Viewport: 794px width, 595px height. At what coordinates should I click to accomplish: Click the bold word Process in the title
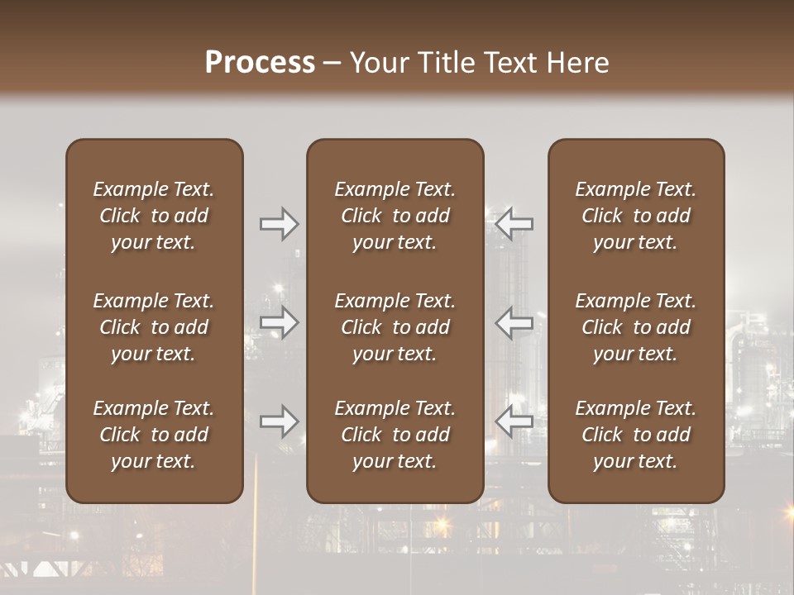[x=260, y=63]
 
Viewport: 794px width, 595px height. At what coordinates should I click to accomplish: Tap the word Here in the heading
[x=578, y=63]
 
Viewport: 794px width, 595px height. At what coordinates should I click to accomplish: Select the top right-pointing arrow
[x=279, y=224]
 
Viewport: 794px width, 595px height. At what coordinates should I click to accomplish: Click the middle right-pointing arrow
[x=279, y=322]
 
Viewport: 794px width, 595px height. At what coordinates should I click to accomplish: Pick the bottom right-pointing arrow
[x=279, y=421]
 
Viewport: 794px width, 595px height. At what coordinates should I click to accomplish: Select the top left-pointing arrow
[x=514, y=224]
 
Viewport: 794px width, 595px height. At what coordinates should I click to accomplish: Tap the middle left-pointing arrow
[x=514, y=322]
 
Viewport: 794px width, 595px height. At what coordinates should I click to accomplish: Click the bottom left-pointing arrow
[x=514, y=421]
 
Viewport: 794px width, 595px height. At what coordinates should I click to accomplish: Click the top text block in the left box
[x=154, y=216]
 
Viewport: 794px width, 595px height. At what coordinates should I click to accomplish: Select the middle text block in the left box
[x=154, y=327]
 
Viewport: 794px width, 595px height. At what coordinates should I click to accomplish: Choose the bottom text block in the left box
[x=154, y=435]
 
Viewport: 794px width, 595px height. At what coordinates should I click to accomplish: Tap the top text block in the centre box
[x=395, y=216]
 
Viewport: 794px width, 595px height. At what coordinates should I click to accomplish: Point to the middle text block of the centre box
[x=395, y=327]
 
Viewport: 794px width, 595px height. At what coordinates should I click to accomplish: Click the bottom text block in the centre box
[x=395, y=435]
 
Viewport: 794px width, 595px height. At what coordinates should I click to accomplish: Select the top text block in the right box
[x=636, y=216]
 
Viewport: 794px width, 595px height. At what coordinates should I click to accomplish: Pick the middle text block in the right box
[x=636, y=327]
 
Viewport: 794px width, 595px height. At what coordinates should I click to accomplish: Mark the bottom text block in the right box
[x=636, y=435]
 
